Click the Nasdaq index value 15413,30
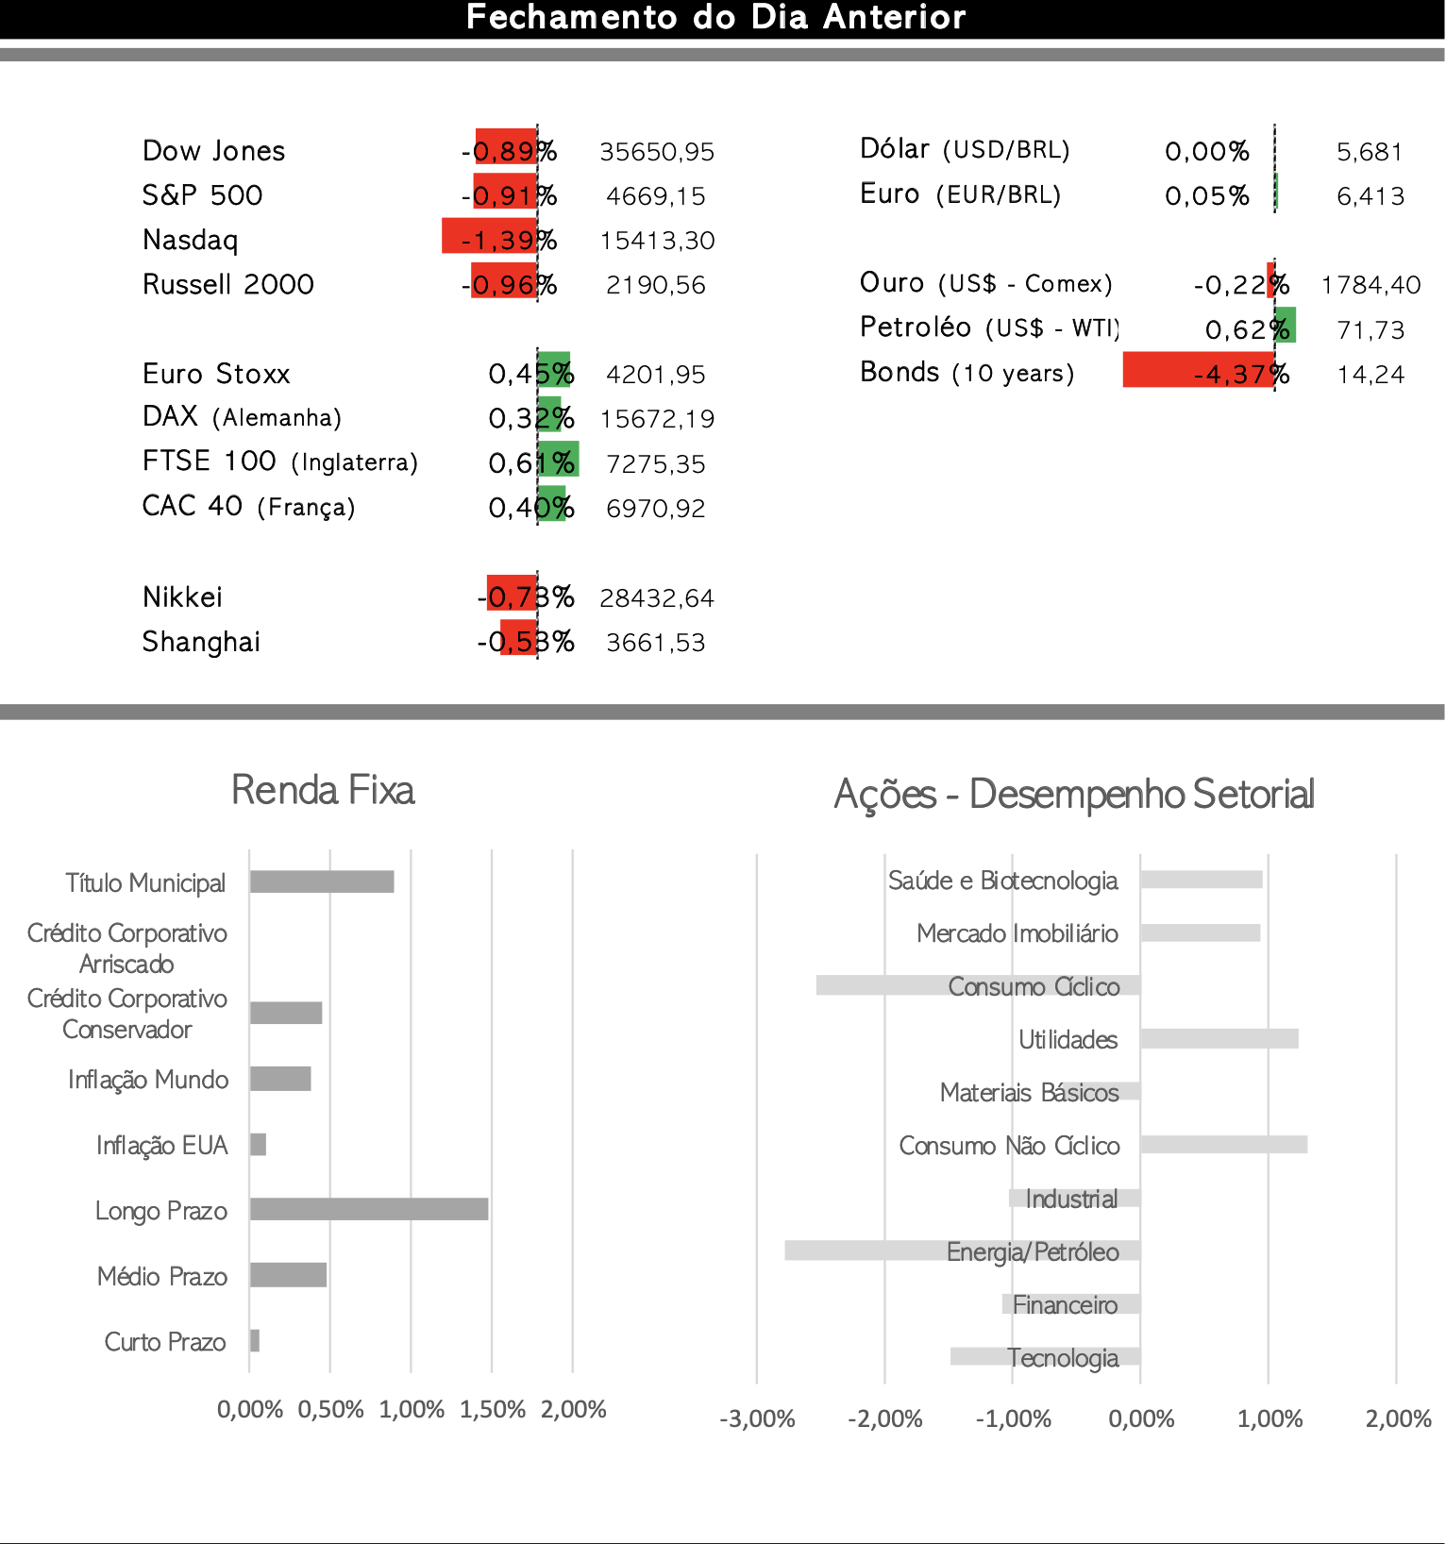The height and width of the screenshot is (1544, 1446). tap(657, 241)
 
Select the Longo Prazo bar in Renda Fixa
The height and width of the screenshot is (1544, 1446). tap(369, 1209)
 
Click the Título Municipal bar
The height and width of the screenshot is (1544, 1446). tap(322, 881)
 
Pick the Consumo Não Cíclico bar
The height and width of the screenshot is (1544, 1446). tap(1223, 1145)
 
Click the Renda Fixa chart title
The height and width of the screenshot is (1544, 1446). tap(323, 791)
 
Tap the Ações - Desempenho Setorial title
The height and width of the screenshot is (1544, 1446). tap(1074, 795)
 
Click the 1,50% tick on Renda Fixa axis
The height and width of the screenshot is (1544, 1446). tap(492, 1410)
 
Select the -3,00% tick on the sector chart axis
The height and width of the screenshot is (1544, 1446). tap(757, 1419)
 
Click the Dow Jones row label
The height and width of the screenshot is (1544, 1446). tap(213, 151)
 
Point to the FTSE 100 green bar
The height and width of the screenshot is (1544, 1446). tap(559, 460)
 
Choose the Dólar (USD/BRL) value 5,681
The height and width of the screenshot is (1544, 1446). tap(1370, 152)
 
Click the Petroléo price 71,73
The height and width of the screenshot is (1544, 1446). tap(1370, 330)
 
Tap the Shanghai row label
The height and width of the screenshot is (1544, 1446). tap(201, 643)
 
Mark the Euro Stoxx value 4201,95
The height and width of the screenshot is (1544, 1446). tap(656, 375)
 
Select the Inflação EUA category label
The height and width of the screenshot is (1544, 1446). tap(161, 1146)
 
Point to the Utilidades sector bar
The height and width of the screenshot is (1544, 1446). tap(1219, 1039)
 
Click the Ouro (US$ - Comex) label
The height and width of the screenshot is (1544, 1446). tap(985, 283)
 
